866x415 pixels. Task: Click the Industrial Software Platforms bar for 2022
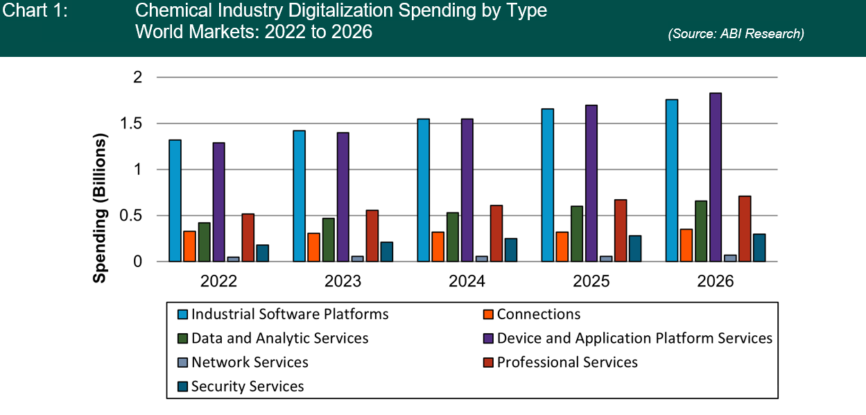pos(175,201)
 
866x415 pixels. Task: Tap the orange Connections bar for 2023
pos(314,247)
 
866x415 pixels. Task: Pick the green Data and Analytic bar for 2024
pos(453,237)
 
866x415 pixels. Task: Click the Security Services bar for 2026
pos(759,248)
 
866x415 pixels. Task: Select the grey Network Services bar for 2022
pos(234,259)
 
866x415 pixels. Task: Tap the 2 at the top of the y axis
pos(138,78)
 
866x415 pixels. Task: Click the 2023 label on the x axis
pos(343,282)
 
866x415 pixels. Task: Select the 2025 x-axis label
pos(591,282)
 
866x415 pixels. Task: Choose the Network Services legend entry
pos(250,362)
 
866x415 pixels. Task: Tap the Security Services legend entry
pos(248,387)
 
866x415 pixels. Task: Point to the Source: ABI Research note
pos(736,34)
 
